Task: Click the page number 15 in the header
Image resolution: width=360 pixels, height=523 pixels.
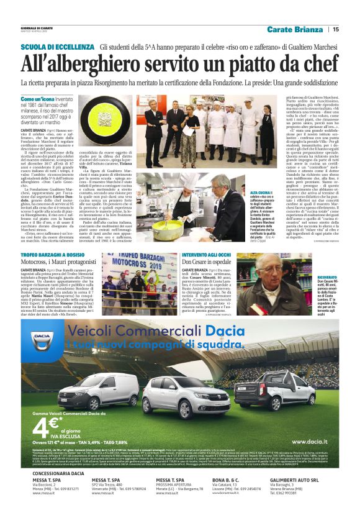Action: point(336,29)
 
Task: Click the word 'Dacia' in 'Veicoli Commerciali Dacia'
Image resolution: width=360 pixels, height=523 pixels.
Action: point(223,332)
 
